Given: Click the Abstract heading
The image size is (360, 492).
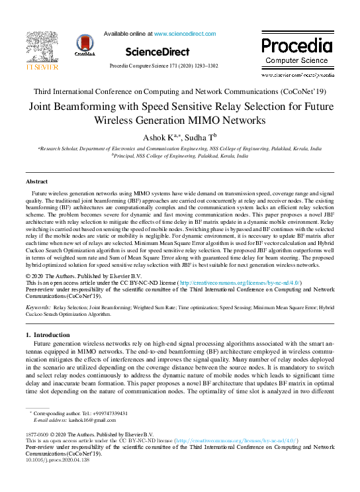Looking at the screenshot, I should tap(36, 181).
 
